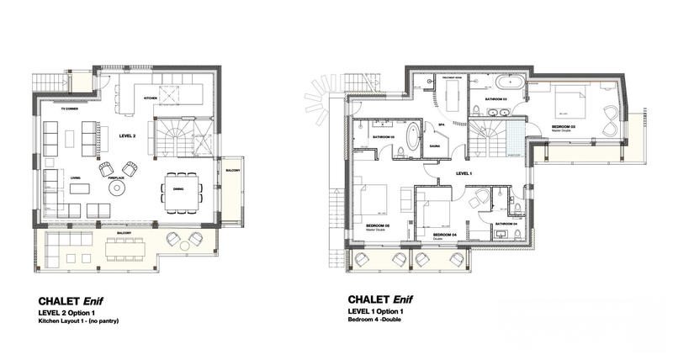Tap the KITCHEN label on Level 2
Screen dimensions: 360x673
151,98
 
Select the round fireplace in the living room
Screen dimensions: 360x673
115,188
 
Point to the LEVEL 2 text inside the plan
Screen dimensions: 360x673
127,135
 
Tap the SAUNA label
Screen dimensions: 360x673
436,146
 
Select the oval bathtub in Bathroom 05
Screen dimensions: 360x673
416,136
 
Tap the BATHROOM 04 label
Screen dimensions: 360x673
506,224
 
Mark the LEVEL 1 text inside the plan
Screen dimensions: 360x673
464,173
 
